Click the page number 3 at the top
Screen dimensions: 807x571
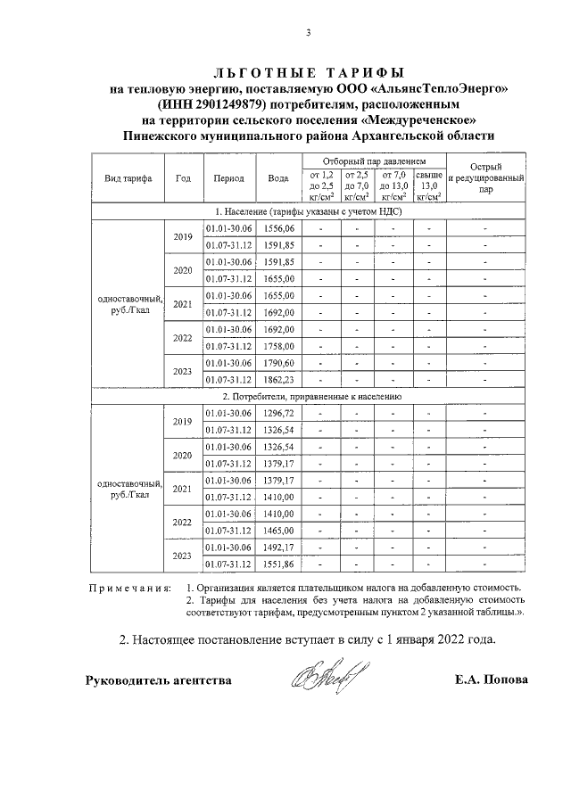pos(309,34)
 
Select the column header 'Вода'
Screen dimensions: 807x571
pos(278,177)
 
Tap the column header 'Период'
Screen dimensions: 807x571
pos(229,177)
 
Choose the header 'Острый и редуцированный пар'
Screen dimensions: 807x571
pos(485,177)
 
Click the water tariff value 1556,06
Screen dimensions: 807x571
pos(278,228)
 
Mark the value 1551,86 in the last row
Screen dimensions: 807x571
pos(278,564)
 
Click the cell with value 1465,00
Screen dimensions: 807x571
pos(278,530)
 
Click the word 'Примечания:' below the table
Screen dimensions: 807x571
pos(128,588)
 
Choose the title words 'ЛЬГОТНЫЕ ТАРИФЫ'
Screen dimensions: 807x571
pos(309,71)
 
